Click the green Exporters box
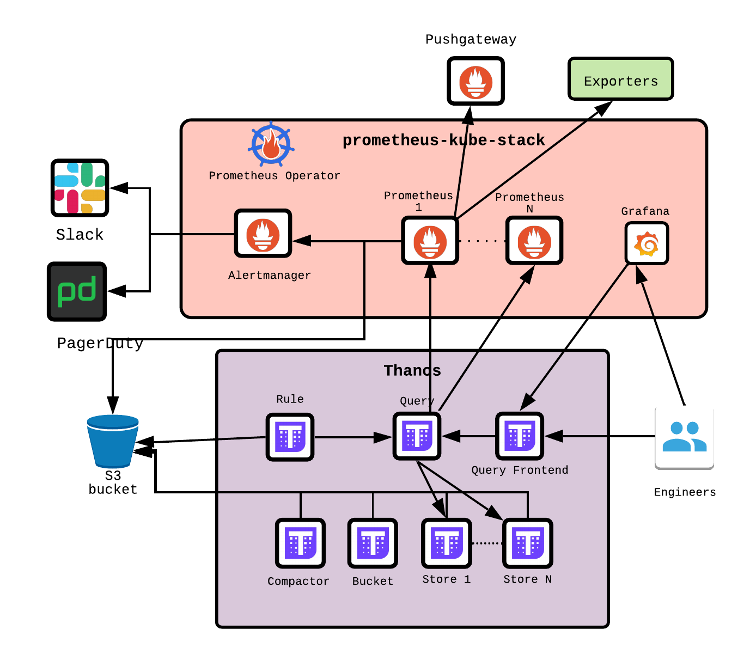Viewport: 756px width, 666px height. point(620,79)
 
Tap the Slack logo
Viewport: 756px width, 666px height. point(80,188)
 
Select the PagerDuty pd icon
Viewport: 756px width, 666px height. point(77,291)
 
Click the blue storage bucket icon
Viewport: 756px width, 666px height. point(113,441)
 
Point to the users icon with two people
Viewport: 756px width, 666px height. point(684,436)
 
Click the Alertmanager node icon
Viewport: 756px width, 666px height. point(263,234)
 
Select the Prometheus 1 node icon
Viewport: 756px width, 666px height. point(430,241)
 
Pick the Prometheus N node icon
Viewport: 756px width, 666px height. point(534,241)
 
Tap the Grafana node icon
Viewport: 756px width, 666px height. point(647,243)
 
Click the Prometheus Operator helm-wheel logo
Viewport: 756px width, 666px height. point(271,145)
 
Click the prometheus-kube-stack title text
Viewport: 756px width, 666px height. point(443,140)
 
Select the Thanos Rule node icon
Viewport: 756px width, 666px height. point(290,437)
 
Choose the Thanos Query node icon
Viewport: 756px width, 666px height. point(417,436)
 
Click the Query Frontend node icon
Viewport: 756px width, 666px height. point(520,436)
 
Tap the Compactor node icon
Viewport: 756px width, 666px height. point(300,543)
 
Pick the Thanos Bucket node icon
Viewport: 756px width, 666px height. point(373,543)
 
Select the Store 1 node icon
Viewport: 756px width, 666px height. point(446,543)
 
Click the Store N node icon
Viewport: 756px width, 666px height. point(527,543)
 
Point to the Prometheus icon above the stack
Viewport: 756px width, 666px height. point(475,81)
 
